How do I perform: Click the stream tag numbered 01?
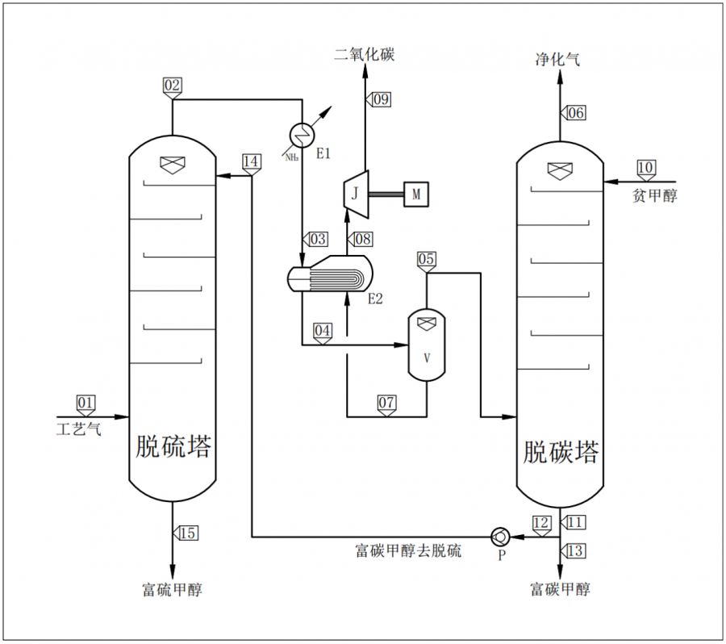point(86,401)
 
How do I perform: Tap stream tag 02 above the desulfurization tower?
point(173,84)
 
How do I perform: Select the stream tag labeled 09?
point(379,98)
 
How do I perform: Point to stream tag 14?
point(252,161)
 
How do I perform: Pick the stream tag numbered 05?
point(427,259)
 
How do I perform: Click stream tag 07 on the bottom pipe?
point(387,401)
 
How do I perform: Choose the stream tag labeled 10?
point(646,167)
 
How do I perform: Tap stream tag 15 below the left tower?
point(187,533)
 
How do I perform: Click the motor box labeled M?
point(416,194)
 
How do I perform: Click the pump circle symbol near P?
point(499,536)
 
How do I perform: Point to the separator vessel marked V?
point(426,345)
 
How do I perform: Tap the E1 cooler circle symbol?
point(300,132)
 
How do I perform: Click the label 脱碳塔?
point(561,451)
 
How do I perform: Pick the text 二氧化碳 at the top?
point(365,55)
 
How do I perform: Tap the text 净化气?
point(557,58)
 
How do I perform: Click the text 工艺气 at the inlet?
point(79,429)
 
